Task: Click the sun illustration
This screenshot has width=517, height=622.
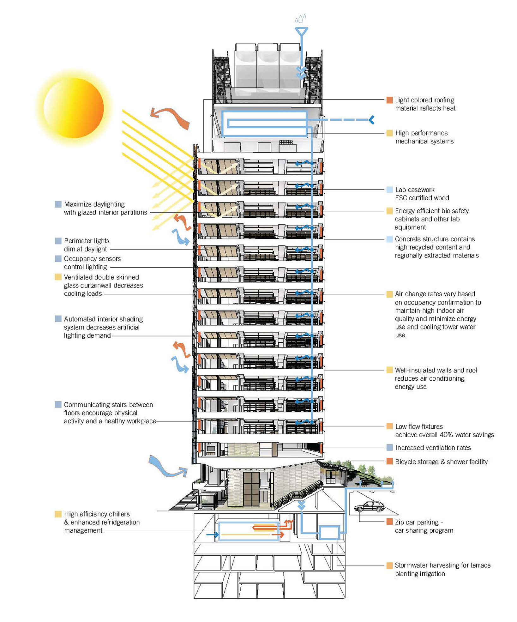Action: pos(74,107)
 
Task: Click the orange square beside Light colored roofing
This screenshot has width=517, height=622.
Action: pos(389,100)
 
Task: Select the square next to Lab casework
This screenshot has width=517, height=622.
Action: pos(389,190)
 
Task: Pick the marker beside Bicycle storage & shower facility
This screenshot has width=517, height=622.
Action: pos(389,462)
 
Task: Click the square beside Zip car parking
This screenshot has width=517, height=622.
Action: pos(389,522)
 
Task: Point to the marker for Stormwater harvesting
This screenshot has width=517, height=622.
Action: pos(389,565)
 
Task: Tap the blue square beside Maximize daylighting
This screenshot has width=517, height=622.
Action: pos(58,204)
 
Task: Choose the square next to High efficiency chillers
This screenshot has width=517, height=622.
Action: pos(58,514)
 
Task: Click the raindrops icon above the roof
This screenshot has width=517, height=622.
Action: pos(301,19)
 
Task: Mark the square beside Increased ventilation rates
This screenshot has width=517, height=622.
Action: pos(389,448)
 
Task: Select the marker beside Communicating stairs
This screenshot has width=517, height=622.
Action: pos(58,404)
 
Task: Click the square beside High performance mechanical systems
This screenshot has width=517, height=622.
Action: pos(389,133)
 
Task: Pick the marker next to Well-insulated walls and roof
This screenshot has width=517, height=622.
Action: pos(389,370)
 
